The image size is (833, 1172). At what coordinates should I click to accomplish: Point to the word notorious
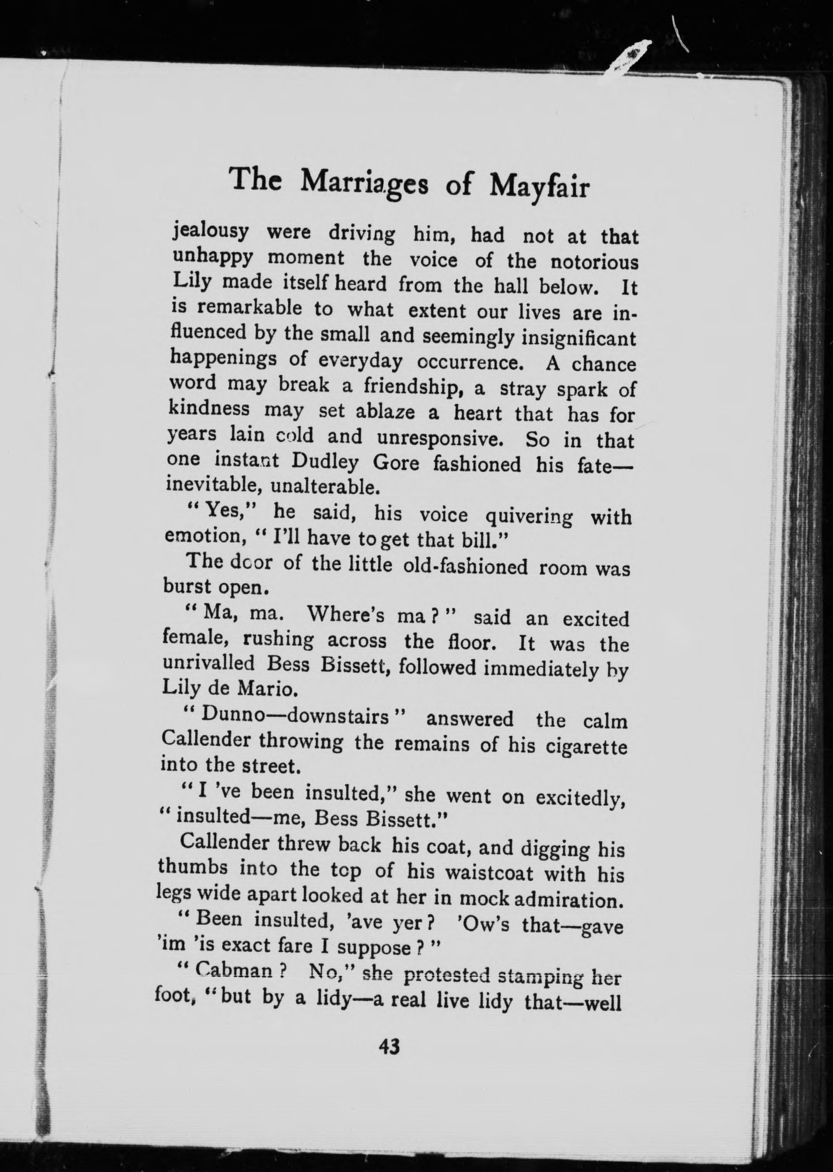coord(594,262)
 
